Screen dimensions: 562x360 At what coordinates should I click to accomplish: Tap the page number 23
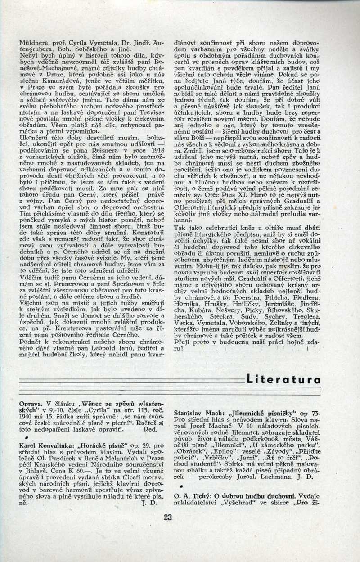tap(168, 517)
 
